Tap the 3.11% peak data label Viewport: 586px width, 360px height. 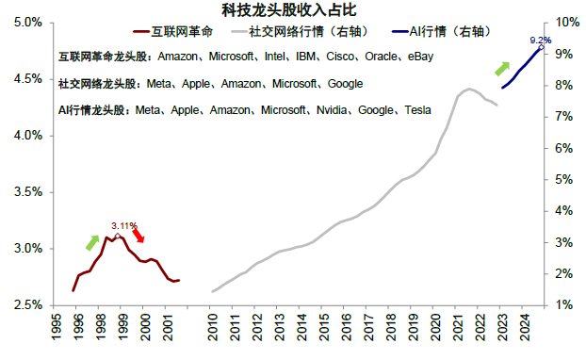coord(124,225)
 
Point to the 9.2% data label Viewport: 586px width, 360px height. coord(540,41)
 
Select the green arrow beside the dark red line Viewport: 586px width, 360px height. coord(92,241)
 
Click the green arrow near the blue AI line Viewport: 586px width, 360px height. coord(502,69)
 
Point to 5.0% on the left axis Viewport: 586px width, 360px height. coord(27,22)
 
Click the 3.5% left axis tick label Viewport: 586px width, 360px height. coord(27,191)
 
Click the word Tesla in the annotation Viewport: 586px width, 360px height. coord(417,110)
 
